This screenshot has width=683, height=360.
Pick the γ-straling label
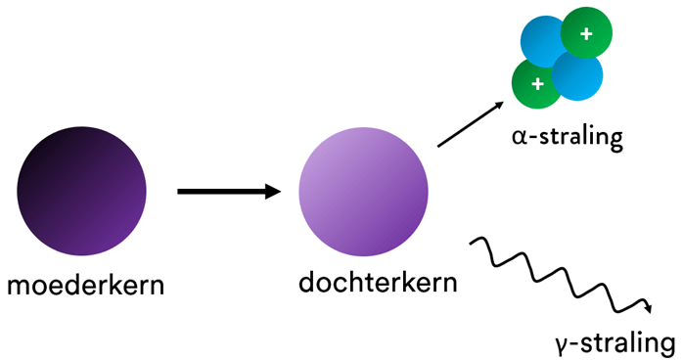(x=614, y=343)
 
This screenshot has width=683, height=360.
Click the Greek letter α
(x=518, y=139)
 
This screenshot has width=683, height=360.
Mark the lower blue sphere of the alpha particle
(x=577, y=76)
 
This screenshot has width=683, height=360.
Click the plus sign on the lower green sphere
(x=537, y=84)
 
